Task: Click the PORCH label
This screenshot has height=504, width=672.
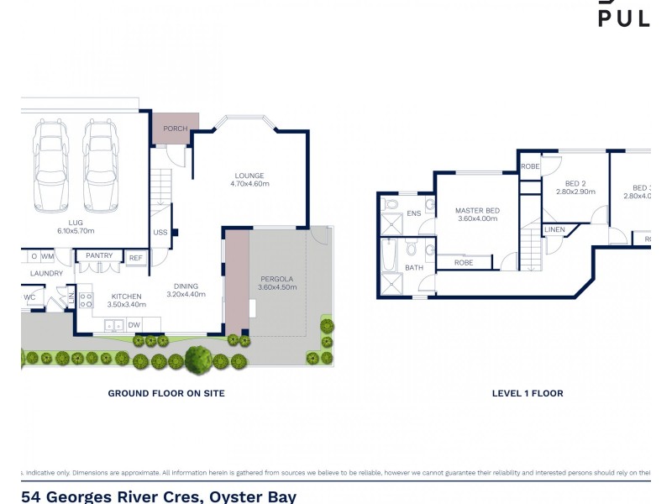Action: [175, 129]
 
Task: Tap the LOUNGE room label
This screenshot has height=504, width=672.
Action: [249, 176]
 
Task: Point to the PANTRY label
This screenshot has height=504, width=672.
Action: [99, 255]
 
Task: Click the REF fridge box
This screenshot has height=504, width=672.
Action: [135, 257]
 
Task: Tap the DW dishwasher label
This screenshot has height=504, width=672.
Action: [134, 324]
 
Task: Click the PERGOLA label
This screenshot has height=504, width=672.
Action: [277, 277]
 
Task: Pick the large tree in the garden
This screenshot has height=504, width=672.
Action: [198, 359]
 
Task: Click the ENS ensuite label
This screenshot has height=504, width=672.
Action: [413, 213]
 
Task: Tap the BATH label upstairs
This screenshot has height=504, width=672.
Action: [413, 268]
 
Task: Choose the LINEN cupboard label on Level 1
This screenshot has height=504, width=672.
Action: [554, 229]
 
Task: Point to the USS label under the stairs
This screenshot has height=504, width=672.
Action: [160, 233]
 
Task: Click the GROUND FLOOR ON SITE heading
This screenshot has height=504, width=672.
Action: [166, 392]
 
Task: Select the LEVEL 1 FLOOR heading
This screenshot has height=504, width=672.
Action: [528, 392]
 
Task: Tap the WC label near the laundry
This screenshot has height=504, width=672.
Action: [29, 297]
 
